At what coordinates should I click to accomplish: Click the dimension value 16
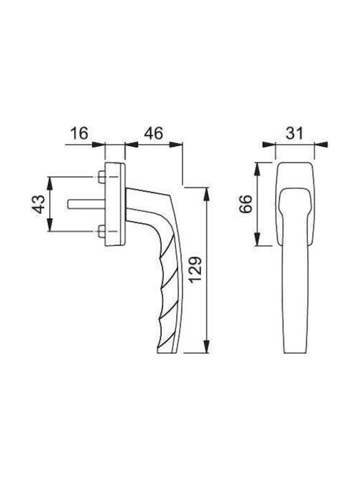pyautogui.click(x=79, y=134)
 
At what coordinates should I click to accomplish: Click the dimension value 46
pyautogui.click(x=154, y=133)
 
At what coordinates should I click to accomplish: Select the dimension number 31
pyautogui.click(x=295, y=134)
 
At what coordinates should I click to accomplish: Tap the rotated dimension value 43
pyautogui.click(x=39, y=204)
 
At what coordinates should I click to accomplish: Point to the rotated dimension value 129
pyautogui.click(x=196, y=270)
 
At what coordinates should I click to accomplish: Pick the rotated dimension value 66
pyautogui.click(x=246, y=204)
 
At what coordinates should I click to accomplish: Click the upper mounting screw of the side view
pyautogui.click(x=101, y=177)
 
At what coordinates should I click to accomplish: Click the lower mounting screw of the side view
pyautogui.click(x=101, y=231)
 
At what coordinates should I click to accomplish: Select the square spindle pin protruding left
pyautogui.click(x=86, y=204)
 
